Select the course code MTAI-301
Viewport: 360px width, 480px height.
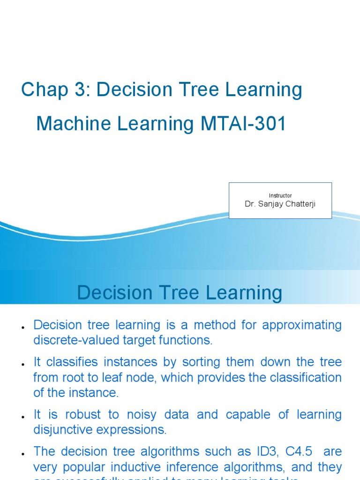coord(243,124)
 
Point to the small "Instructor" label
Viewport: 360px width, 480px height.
coord(280,195)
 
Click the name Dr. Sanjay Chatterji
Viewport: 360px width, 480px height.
coord(280,204)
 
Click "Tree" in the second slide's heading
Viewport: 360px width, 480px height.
coord(184,293)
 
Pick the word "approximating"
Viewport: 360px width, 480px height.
coord(302,325)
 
